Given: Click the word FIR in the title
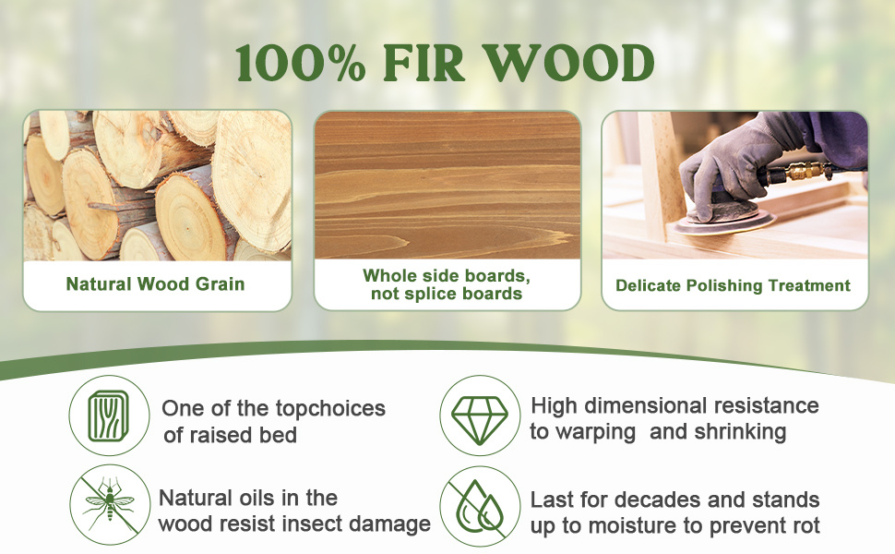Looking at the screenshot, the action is [x=424, y=63].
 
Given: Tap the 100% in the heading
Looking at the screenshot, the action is [x=301, y=63].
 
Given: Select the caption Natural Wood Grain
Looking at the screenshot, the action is [x=155, y=283].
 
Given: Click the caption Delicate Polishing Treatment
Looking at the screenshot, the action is [x=733, y=285].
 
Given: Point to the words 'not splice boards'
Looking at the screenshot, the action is [x=447, y=294].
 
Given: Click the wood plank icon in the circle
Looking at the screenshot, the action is [x=109, y=415].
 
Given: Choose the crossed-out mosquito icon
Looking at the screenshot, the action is [x=109, y=504].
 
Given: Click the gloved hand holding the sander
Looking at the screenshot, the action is [x=736, y=163].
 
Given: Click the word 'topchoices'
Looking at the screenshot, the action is [x=330, y=409].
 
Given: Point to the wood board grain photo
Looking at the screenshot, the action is [x=447, y=185].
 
